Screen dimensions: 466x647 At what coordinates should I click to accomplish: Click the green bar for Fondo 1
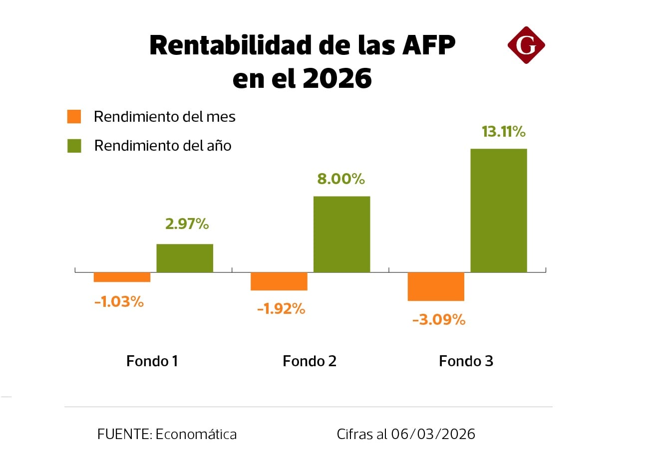185,258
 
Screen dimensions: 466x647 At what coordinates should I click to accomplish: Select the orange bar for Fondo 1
122,277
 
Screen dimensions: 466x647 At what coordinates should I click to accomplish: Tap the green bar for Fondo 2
341,234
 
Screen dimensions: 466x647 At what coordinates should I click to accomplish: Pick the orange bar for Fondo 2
279,281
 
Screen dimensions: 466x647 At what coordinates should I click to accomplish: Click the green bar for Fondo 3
498,210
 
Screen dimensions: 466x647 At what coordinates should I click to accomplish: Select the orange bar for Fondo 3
436,286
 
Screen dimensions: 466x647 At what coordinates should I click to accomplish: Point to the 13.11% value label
503,132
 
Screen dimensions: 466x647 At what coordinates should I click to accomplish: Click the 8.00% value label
341,179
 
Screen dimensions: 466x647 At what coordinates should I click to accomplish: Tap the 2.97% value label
187,224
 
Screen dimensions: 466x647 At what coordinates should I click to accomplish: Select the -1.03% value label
119,302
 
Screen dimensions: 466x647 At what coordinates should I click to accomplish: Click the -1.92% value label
281,309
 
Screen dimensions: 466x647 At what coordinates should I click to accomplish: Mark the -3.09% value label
438,319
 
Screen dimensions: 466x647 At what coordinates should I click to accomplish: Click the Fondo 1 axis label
152,361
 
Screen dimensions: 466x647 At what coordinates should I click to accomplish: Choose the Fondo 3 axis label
466,361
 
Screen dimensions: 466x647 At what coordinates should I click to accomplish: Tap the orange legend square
74,117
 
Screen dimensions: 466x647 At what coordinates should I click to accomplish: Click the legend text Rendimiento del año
163,146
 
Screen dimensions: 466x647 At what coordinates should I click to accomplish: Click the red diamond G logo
526,45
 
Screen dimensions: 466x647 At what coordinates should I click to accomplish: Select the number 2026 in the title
337,78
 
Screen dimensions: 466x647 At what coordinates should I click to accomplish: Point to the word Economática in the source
196,434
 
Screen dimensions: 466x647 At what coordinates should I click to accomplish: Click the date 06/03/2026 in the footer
433,434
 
